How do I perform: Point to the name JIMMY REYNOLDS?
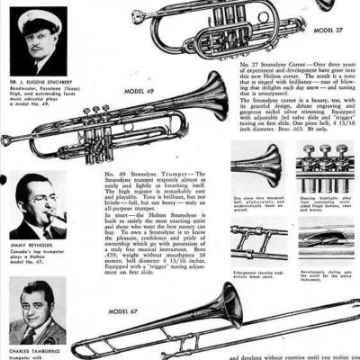tap(31, 246)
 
